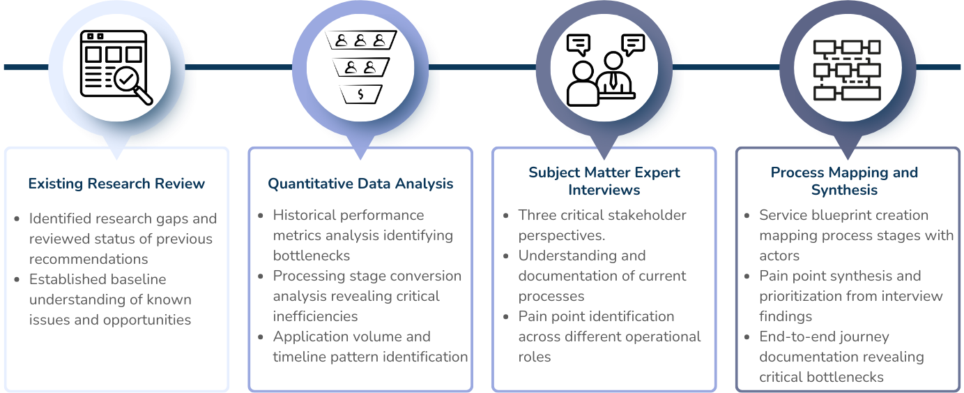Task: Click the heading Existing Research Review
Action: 116,184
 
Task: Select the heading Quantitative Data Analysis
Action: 360,184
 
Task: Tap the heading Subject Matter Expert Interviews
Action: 604,180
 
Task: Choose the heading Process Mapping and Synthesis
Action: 844,180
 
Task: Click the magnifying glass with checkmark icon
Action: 132,84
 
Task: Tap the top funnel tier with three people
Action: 360,40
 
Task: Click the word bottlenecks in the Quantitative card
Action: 311,255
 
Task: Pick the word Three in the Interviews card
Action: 539,215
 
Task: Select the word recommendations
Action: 88,259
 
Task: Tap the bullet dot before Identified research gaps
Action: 17,219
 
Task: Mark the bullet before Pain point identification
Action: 506,317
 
